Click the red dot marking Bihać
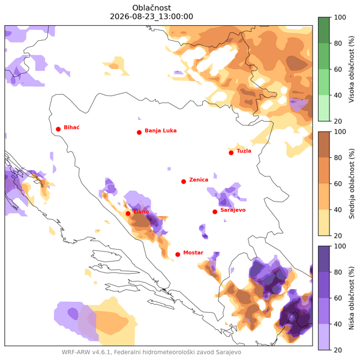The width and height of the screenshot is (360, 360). coord(58,129)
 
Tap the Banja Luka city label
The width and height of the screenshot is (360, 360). coord(160,131)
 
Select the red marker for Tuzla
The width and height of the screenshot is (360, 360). coord(231,153)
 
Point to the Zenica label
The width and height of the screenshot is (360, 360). coord(199,180)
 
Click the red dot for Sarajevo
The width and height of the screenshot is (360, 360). coord(215,212)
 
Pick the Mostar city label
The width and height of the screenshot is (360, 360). coord(193,253)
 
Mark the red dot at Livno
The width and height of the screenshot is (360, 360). coord(128,214)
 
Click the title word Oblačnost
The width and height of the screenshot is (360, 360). coord(152,8)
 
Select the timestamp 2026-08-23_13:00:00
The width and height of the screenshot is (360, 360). coord(152,17)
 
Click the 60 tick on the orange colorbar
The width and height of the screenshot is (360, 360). coord(338,184)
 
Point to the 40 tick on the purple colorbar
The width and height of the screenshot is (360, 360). coord(338,324)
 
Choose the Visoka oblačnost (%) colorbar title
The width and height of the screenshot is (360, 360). coord(352,69)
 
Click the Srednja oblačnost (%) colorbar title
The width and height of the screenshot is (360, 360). coord(352,184)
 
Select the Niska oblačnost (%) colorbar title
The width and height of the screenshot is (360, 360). coord(352,298)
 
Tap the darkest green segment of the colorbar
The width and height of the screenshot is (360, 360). coord(324,30)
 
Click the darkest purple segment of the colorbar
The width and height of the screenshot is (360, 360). coord(324,259)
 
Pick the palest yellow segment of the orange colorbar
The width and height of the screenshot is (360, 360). coord(324,223)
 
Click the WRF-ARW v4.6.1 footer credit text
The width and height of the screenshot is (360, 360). coord(151,352)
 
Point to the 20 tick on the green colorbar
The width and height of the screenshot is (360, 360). coord(338,121)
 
